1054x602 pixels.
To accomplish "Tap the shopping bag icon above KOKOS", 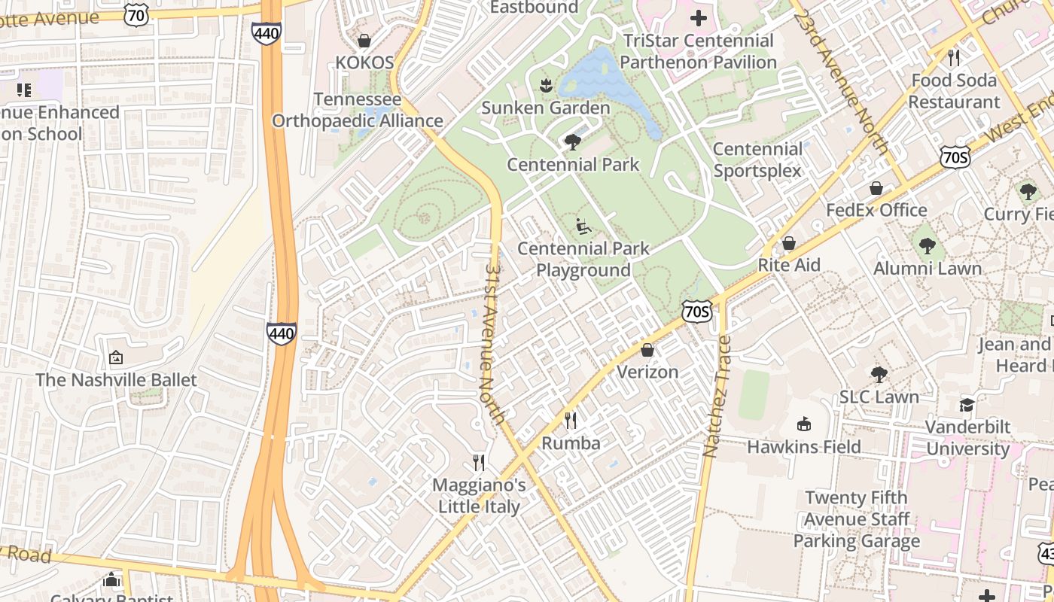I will pos(364,41).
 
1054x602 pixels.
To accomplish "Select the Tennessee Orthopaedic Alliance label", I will pos(358,110).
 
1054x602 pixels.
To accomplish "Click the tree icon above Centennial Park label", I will pos(573,141).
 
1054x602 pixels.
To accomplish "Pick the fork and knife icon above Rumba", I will pos(571,421).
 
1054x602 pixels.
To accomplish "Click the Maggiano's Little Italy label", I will pos(479,496).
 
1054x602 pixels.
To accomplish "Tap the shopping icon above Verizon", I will pos(647,350).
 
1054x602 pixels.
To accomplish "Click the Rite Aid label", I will pos(789,265).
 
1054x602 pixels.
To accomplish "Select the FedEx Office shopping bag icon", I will pos(876,188).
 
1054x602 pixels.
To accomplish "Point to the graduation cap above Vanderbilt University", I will pos(967,405).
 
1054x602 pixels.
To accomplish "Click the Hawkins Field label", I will pos(803,446).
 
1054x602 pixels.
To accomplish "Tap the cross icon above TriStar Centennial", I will pos(699,18).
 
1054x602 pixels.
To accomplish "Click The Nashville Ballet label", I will pos(116,379).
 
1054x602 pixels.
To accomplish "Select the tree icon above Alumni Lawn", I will pos(928,245).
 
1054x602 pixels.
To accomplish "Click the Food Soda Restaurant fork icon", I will pos(954,57).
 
